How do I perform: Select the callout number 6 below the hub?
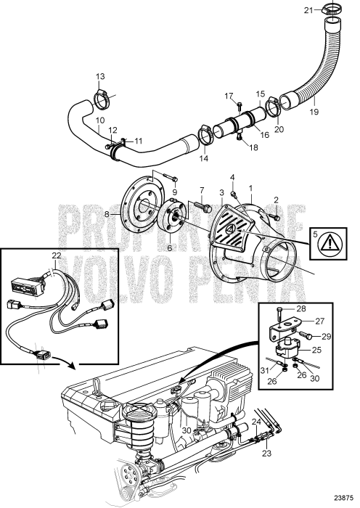(x=170, y=247)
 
